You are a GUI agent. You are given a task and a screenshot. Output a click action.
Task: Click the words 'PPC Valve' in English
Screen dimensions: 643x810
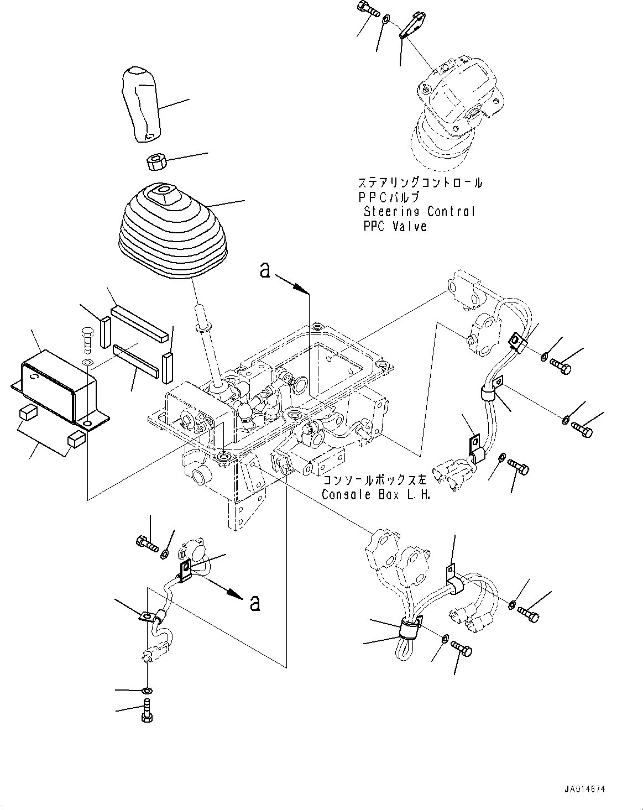click(x=395, y=226)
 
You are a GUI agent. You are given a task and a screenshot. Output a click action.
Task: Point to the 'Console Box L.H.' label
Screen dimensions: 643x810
click(x=376, y=494)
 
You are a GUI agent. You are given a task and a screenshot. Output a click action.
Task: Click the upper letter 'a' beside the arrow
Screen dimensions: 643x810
click(x=265, y=270)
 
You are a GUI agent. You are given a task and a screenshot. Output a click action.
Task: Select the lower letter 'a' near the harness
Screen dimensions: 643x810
click(x=255, y=603)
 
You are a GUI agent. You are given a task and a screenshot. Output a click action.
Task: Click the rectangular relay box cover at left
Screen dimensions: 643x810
click(x=60, y=388)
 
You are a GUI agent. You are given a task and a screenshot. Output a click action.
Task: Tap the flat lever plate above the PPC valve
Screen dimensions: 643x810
click(x=412, y=24)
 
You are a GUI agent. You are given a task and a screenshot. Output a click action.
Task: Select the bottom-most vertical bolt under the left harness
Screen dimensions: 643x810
click(x=147, y=710)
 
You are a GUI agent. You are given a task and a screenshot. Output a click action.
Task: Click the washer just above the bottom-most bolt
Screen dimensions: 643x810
click(x=147, y=691)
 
